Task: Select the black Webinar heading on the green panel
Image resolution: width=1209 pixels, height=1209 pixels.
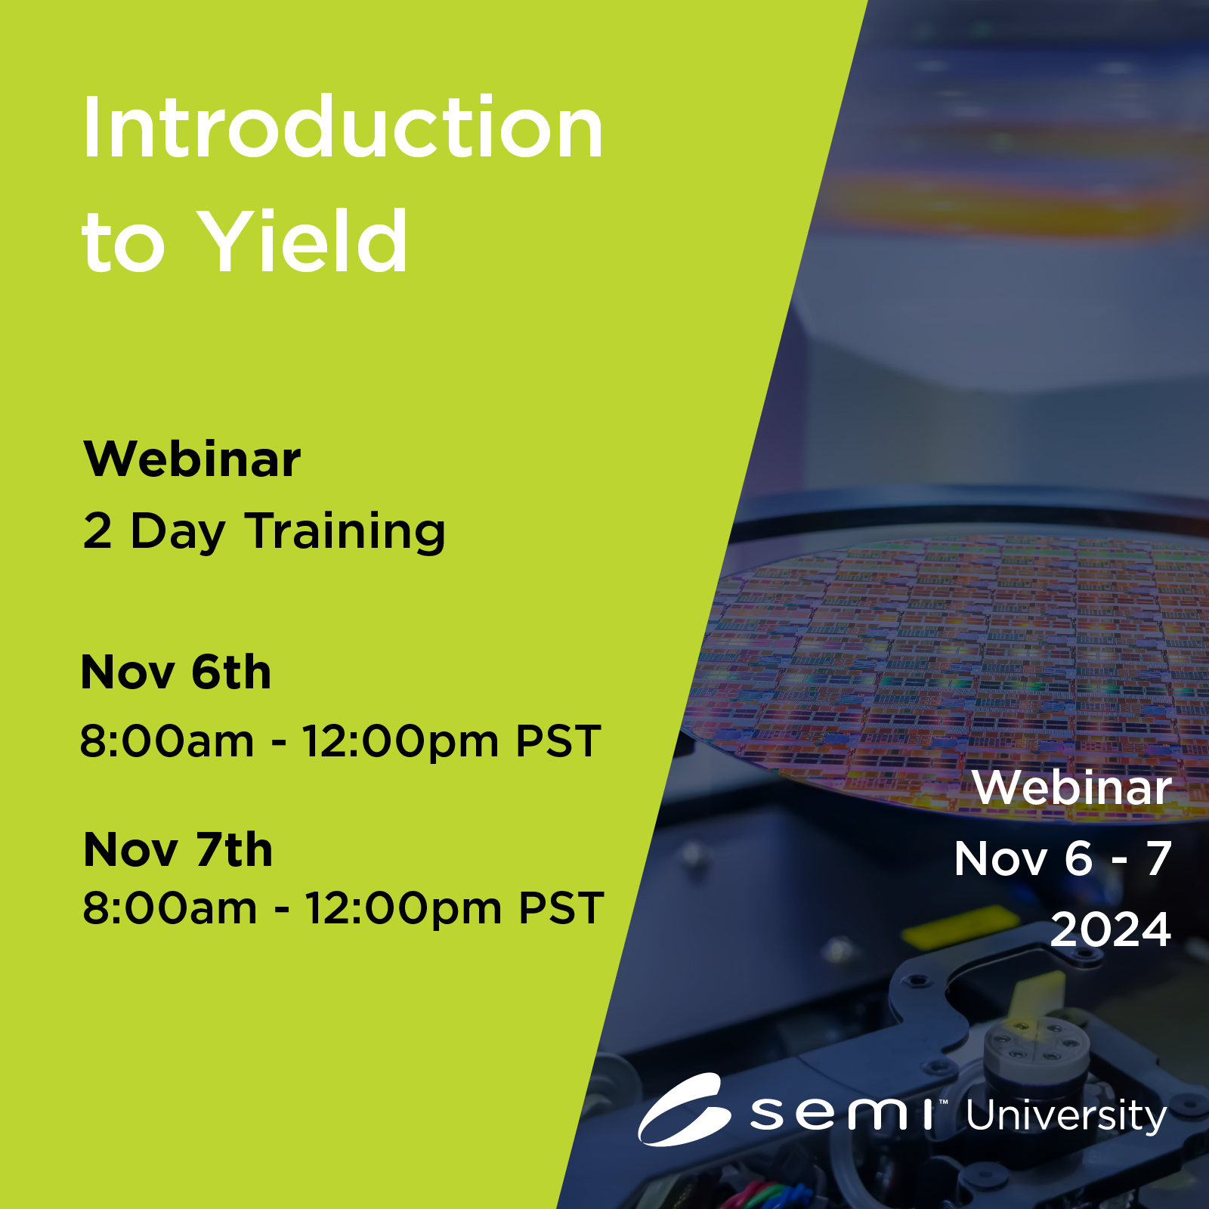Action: (192, 459)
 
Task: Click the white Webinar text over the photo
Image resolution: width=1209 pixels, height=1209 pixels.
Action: (1071, 787)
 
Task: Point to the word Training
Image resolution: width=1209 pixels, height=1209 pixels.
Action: (345, 532)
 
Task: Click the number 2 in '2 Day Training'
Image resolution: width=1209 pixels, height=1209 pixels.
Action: (97, 530)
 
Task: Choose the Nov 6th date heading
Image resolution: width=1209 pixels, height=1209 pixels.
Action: (176, 672)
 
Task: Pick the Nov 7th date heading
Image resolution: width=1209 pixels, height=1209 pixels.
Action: (178, 849)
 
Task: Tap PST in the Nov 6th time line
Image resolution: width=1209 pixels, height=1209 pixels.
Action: (558, 741)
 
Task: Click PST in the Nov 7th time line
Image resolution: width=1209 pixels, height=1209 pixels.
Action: (561, 908)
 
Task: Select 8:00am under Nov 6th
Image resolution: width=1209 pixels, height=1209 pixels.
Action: (166, 741)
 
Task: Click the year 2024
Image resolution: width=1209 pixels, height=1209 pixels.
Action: (1111, 929)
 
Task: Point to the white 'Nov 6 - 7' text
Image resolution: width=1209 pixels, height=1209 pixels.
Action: (1063, 858)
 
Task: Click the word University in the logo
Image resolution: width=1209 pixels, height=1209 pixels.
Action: (1066, 1117)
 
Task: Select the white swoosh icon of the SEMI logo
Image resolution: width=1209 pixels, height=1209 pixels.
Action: (685, 1109)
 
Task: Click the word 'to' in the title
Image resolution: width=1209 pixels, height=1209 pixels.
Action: (123, 243)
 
